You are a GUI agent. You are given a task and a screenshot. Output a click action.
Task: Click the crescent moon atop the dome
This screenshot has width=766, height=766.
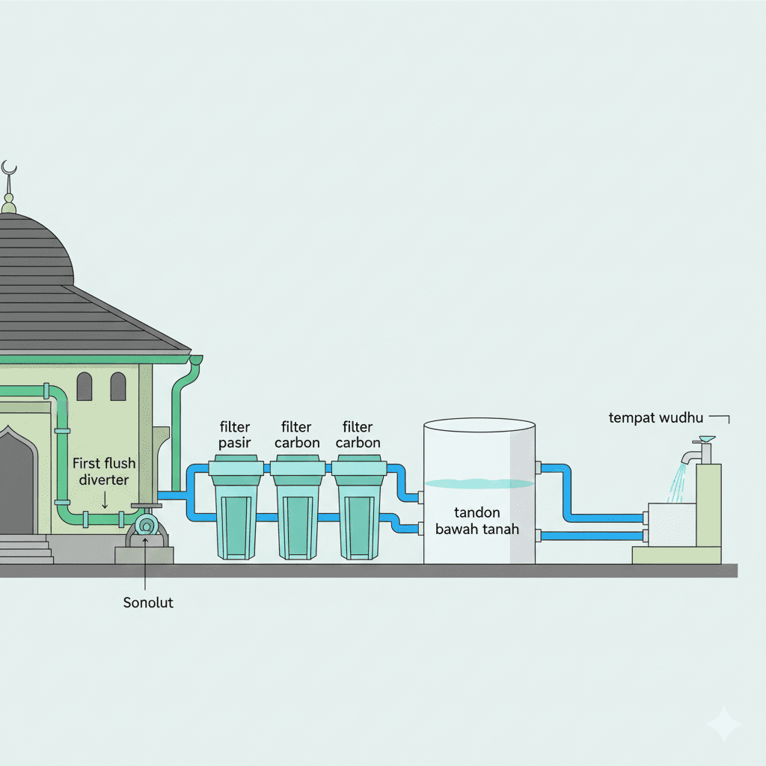(9, 168)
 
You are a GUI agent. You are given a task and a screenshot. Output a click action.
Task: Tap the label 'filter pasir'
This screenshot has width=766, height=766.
(235, 435)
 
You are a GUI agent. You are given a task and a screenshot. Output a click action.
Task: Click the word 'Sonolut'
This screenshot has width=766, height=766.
(148, 602)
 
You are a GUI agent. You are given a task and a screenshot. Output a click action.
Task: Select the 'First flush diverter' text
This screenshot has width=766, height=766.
(104, 472)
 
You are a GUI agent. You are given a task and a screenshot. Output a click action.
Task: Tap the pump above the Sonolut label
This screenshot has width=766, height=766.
(147, 527)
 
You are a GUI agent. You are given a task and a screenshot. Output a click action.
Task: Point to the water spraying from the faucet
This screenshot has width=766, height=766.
(677, 482)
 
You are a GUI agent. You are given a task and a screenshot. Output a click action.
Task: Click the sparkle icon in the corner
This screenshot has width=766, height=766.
(723, 723)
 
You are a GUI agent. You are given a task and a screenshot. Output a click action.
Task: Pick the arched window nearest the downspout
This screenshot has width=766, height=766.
(118, 387)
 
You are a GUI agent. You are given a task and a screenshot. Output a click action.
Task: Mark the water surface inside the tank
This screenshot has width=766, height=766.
(479, 483)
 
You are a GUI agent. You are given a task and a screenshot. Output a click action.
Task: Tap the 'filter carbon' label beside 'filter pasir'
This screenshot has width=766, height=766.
(296, 435)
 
